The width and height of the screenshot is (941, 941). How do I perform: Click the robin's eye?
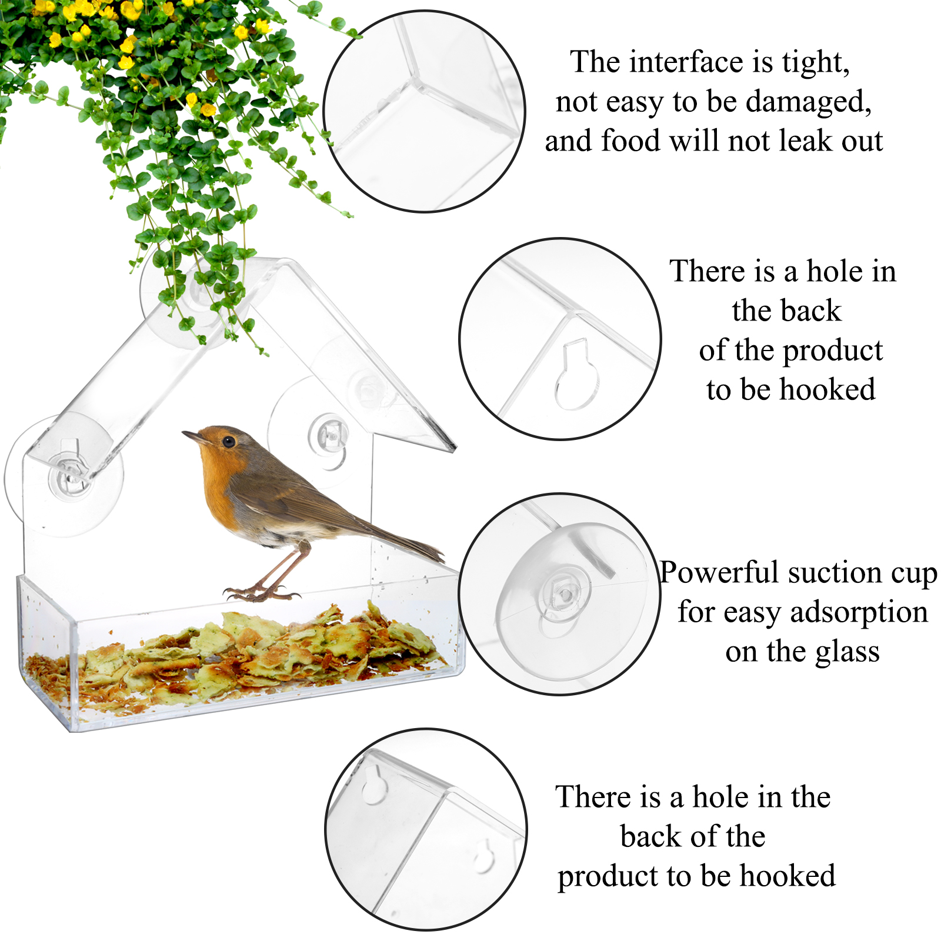click(x=228, y=441)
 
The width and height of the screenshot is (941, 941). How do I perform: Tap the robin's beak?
click(x=192, y=436)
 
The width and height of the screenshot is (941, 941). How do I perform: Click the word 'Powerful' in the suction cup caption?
click(x=719, y=572)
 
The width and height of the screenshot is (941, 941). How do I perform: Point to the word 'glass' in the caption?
click(x=845, y=652)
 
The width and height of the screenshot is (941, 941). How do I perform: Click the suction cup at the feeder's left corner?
click(x=65, y=475)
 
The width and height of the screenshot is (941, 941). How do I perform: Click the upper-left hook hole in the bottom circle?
click(x=373, y=786)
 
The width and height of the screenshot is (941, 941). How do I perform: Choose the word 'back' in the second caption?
click(x=787, y=311)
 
